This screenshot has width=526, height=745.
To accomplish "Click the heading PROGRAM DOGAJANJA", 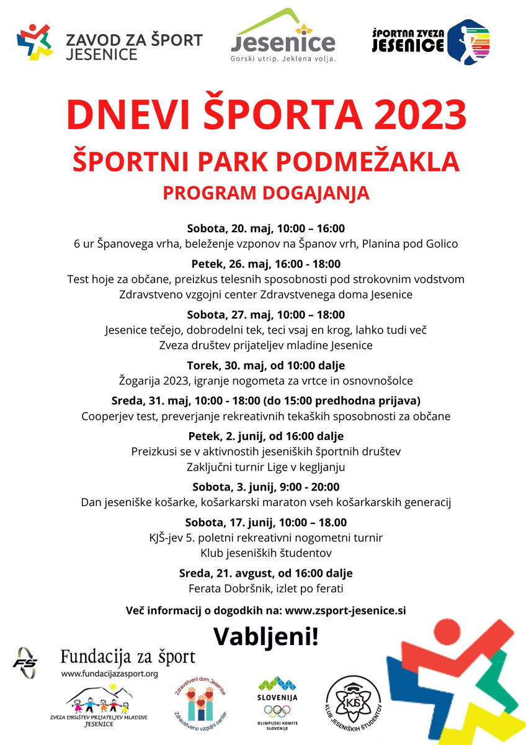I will point(265,193).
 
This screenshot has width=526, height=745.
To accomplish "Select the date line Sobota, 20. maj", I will point(265,228).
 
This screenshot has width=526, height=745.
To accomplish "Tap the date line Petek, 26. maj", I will point(265,264).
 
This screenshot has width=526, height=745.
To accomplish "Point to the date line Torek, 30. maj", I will point(265,365).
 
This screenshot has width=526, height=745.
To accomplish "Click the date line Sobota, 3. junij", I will point(265,486).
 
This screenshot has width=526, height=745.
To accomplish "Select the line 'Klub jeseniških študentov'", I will point(265,552).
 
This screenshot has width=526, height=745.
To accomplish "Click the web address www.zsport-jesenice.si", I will point(345,610).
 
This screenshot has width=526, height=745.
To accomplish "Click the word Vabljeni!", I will point(265,636).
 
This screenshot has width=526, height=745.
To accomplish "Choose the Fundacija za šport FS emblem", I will point(25,663).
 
